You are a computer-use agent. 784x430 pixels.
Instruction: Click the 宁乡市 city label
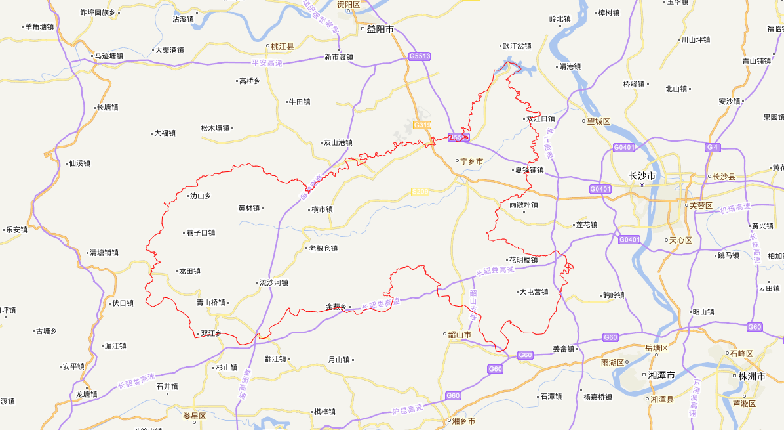[x=472, y=161]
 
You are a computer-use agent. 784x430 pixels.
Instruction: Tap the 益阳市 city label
[x=380, y=29]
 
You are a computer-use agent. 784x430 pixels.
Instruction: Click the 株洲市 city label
[x=752, y=376]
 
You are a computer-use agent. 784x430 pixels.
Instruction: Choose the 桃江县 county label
[x=283, y=47]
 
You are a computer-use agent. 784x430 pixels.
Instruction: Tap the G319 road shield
[x=421, y=125]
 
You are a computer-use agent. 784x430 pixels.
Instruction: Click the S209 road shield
[x=420, y=192]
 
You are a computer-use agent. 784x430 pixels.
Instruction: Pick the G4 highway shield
[x=713, y=147]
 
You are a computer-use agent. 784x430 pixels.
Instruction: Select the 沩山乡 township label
[x=200, y=196]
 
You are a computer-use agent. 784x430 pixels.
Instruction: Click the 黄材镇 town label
[x=249, y=208]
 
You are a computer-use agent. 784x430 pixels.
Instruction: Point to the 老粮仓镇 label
[x=323, y=248]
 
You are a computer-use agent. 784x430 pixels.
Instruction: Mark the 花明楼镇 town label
[x=523, y=259]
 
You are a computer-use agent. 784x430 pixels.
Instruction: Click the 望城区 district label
[x=598, y=121]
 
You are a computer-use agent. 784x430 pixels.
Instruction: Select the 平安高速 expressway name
[x=267, y=63]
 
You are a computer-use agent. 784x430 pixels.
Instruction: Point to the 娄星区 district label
[x=195, y=416]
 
